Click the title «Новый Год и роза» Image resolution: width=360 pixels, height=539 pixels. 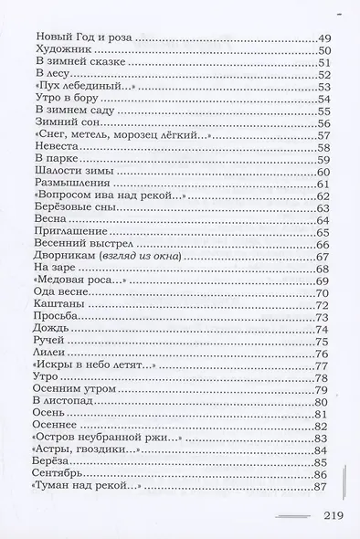point(82,37)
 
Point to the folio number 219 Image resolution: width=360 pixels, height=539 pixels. point(332,516)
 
